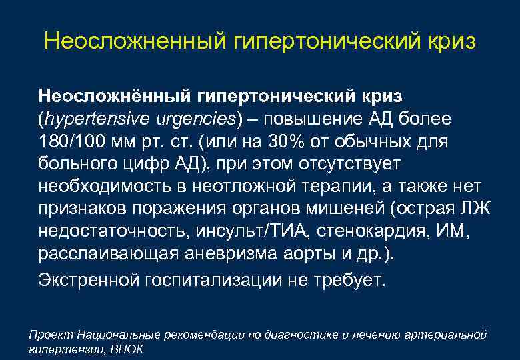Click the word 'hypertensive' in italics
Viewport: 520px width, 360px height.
91,119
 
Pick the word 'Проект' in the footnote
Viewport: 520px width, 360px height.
51,333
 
